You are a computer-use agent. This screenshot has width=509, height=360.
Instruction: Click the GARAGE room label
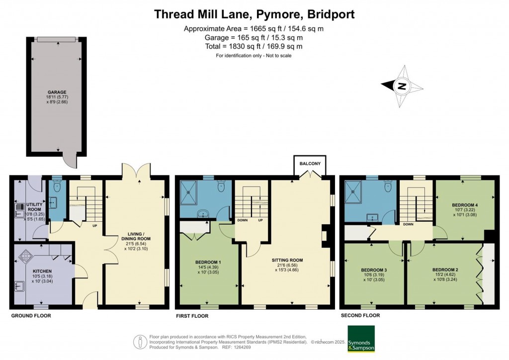click(x=57, y=92)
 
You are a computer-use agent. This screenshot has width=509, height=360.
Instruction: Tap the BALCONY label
click(x=310, y=164)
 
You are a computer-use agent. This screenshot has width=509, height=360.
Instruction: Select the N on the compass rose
click(x=402, y=86)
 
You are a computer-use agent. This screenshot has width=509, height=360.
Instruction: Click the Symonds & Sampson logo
click(x=361, y=339)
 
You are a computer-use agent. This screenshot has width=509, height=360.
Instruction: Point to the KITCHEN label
click(x=42, y=271)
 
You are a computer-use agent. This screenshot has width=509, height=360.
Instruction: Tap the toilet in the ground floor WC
click(x=57, y=185)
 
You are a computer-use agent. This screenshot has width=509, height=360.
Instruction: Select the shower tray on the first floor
click(x=188, y=192)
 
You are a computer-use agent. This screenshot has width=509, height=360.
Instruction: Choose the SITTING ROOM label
click(x=287, y=260)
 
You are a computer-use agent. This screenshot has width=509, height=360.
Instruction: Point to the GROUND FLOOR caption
click(x=31, y=316)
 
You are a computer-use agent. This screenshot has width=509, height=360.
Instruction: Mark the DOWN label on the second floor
click(x=409, y=224)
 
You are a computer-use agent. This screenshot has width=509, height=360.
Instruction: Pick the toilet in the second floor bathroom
click(x=387, y=186)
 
